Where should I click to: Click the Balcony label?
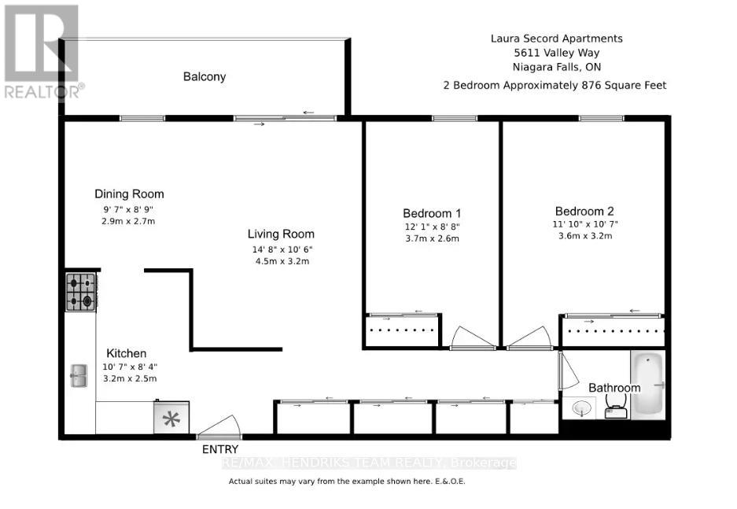coord(205,76)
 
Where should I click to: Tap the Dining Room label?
coord(129,194)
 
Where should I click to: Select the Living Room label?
coord(281,234)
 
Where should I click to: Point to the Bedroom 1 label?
coord(432,213)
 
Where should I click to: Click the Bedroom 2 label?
coord(584,211)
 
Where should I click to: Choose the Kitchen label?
coord(127,353)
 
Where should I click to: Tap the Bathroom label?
coord(614,388)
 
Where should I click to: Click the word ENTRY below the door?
coord(220,449)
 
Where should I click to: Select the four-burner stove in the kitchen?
coord(81,290)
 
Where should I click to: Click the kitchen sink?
coord(79,375)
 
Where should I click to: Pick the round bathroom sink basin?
coord(580,408)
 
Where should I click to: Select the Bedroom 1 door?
coord(472,339)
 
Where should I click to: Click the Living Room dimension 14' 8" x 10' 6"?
coord(281,249)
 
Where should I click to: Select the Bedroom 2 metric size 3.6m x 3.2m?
coord(584,235)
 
